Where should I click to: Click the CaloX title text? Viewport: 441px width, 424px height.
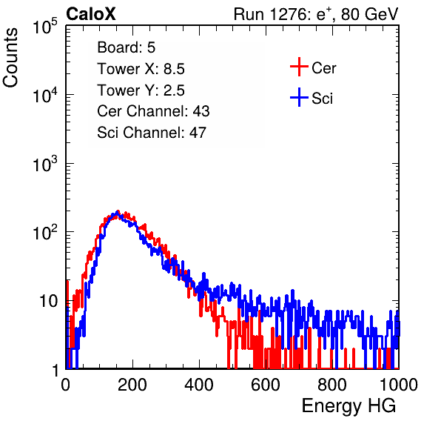click(x=90, y=14)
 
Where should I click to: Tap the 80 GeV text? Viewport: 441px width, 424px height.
click(x=369, y=14)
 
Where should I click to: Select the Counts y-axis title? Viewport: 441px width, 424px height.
click(x=10, y=58)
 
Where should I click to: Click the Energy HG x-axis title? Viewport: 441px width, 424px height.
click(x=349, y=406)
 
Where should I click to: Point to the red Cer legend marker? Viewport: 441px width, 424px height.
click(x=299, y=67)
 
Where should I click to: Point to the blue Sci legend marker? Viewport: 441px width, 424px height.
click(x=299, y=98)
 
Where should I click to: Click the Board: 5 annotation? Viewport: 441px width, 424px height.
click(x=127, y=47)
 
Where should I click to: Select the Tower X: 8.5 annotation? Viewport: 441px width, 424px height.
click(x=141, y=69)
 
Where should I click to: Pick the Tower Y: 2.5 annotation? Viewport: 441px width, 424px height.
click(x=141, y=90)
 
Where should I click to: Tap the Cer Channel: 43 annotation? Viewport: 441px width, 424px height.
click(x=153, y=111)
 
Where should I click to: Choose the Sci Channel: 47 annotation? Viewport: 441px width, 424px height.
click(x=152, y=133)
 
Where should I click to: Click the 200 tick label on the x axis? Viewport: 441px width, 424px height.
click(x=132, y=385)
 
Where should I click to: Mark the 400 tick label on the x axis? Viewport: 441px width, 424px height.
click(x=199, y=385)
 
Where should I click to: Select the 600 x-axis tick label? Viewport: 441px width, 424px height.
click(x=266, y=385)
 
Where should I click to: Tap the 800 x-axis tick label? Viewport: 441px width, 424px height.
click(x=332, y=385)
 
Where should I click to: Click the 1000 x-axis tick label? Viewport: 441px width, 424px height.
click(x=399, y=385)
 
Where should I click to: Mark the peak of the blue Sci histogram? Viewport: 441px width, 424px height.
click(x=117, y=212)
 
